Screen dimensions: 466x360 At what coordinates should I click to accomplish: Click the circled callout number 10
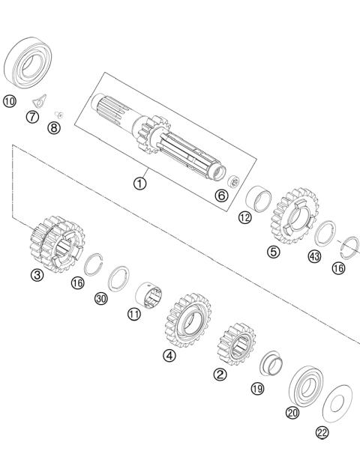(9, 100)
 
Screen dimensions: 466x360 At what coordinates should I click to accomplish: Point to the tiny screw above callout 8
(60, 114)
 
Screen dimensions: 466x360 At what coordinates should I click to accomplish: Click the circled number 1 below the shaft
(140, 182)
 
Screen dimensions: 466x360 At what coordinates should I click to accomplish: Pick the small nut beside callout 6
(233, 181)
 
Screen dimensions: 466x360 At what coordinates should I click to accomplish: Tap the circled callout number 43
(313, 258)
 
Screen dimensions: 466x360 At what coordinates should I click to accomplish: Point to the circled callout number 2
(220, 374)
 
